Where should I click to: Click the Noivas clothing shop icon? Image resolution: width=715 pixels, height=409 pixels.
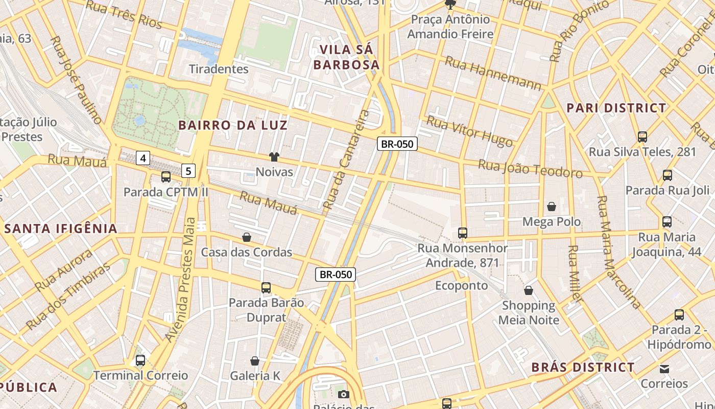[x=274, y=157]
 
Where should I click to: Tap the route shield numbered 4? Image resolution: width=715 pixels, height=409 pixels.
[x=143, y=158]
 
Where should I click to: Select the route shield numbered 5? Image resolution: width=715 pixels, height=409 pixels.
[x=188, y=171]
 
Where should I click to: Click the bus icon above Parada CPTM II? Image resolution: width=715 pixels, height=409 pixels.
[x=166, y=177]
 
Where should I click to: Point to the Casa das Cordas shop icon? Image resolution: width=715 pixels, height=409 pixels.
[x=247, y=237]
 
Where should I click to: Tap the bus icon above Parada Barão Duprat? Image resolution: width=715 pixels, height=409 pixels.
[x=266, y=288]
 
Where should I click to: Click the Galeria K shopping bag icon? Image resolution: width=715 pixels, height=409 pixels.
[x=255, y=361]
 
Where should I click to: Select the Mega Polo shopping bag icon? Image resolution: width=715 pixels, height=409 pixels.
[x=552, y=207]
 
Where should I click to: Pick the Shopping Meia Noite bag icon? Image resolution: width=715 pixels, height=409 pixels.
[x=529, y=290]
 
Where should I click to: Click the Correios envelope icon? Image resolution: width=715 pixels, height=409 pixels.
[x=664, y=369]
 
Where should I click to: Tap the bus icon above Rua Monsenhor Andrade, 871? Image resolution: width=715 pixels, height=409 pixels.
[x=463, y=233]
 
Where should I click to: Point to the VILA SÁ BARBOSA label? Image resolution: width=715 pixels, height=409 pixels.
[x=347, y=57]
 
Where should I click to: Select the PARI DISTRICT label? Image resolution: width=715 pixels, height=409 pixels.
[x=616, y=108]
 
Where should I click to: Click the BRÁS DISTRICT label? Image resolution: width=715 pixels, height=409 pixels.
[x=583, y=367]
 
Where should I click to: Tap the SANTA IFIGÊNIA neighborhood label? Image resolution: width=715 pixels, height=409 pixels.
[x=61, y=229]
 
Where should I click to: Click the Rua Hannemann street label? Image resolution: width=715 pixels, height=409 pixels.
[x=493, y=73]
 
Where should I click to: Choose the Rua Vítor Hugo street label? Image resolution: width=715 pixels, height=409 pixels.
[x=469, y=130]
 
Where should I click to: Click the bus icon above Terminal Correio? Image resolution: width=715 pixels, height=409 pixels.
[x=140, y=360]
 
